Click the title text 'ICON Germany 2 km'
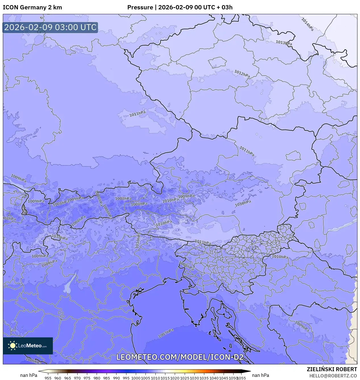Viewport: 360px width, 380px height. (32, 7)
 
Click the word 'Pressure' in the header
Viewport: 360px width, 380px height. (140, 7)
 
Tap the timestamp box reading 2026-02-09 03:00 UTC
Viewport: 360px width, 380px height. (50, 27)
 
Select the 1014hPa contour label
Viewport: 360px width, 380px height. (307, 24)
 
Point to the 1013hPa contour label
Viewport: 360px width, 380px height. (284, 43)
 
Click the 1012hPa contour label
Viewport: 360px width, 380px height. (242, 74)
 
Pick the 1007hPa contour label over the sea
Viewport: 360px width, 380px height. (166, 333)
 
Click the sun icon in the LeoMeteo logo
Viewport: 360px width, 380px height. (13, 346)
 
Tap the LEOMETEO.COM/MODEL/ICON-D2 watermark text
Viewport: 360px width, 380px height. (180, 357)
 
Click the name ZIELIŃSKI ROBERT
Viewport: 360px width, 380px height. (332, 369)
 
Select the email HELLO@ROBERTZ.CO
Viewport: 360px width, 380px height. (333, 376)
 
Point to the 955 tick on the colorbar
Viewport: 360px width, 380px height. (48, 378)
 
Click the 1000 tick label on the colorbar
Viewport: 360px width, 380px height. (136, 378)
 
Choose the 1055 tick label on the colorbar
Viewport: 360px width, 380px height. (242, 378)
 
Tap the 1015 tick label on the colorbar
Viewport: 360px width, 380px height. (165, 378)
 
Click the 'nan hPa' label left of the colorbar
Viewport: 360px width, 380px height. (29, 375)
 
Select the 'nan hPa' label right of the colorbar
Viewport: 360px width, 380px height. (260, 375)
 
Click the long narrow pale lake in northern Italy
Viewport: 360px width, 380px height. (68, 286)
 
